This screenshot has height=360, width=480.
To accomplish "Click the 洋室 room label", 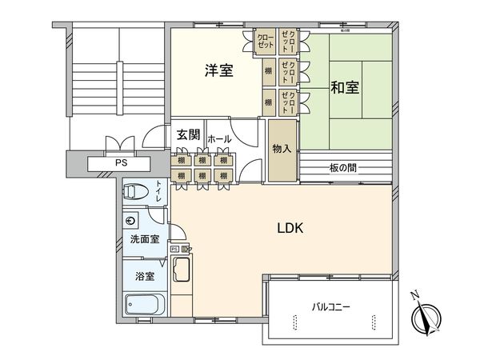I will point(217,71).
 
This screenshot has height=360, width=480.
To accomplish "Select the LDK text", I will point(290,228).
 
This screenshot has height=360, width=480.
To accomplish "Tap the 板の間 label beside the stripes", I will point(342,167).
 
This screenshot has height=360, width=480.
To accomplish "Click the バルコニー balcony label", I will point(331,306).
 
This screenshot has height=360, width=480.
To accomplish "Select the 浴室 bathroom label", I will point(144,276).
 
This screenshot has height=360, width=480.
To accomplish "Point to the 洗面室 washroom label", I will point(146,239).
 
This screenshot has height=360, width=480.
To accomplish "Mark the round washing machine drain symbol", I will point(132,219).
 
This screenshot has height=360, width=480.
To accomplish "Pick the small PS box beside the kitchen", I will point(174,249).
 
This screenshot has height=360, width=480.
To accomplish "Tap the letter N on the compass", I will point(414,294).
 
